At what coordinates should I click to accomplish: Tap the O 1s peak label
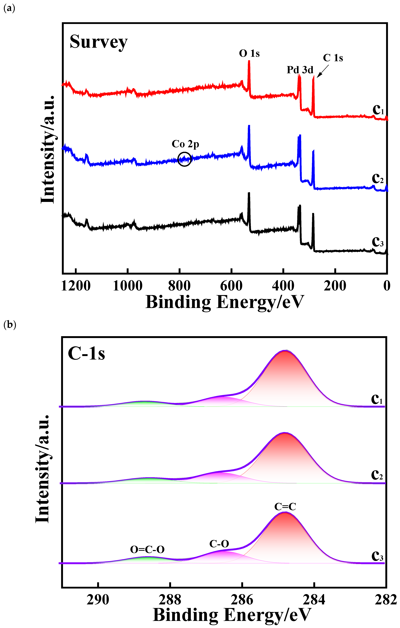(x=249, y=54)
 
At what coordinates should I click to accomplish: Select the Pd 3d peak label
(x=300, y=70)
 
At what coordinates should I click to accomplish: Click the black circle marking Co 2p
(x=184, y=159)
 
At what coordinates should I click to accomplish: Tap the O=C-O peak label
(x=147, y=550)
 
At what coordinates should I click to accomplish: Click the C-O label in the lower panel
(x=219, y=544)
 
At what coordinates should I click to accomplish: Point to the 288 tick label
(x=170, y=600)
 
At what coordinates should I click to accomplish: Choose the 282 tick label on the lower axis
(x=386, y=600)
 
